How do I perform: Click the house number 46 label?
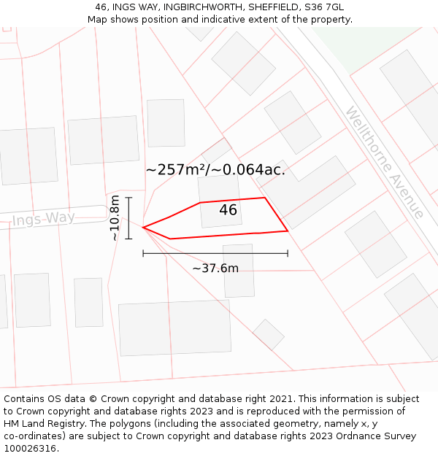228,210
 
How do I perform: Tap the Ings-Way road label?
43,219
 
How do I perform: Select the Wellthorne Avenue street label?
384,163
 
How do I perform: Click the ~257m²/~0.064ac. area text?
215,170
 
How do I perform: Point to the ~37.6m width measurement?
215,268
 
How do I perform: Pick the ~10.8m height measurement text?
115,218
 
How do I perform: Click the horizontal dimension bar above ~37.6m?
215,253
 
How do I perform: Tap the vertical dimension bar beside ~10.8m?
128,218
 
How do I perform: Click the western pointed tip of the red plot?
143,228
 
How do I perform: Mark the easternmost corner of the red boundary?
288,231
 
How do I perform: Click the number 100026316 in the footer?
31,449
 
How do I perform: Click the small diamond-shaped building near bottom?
269,334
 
